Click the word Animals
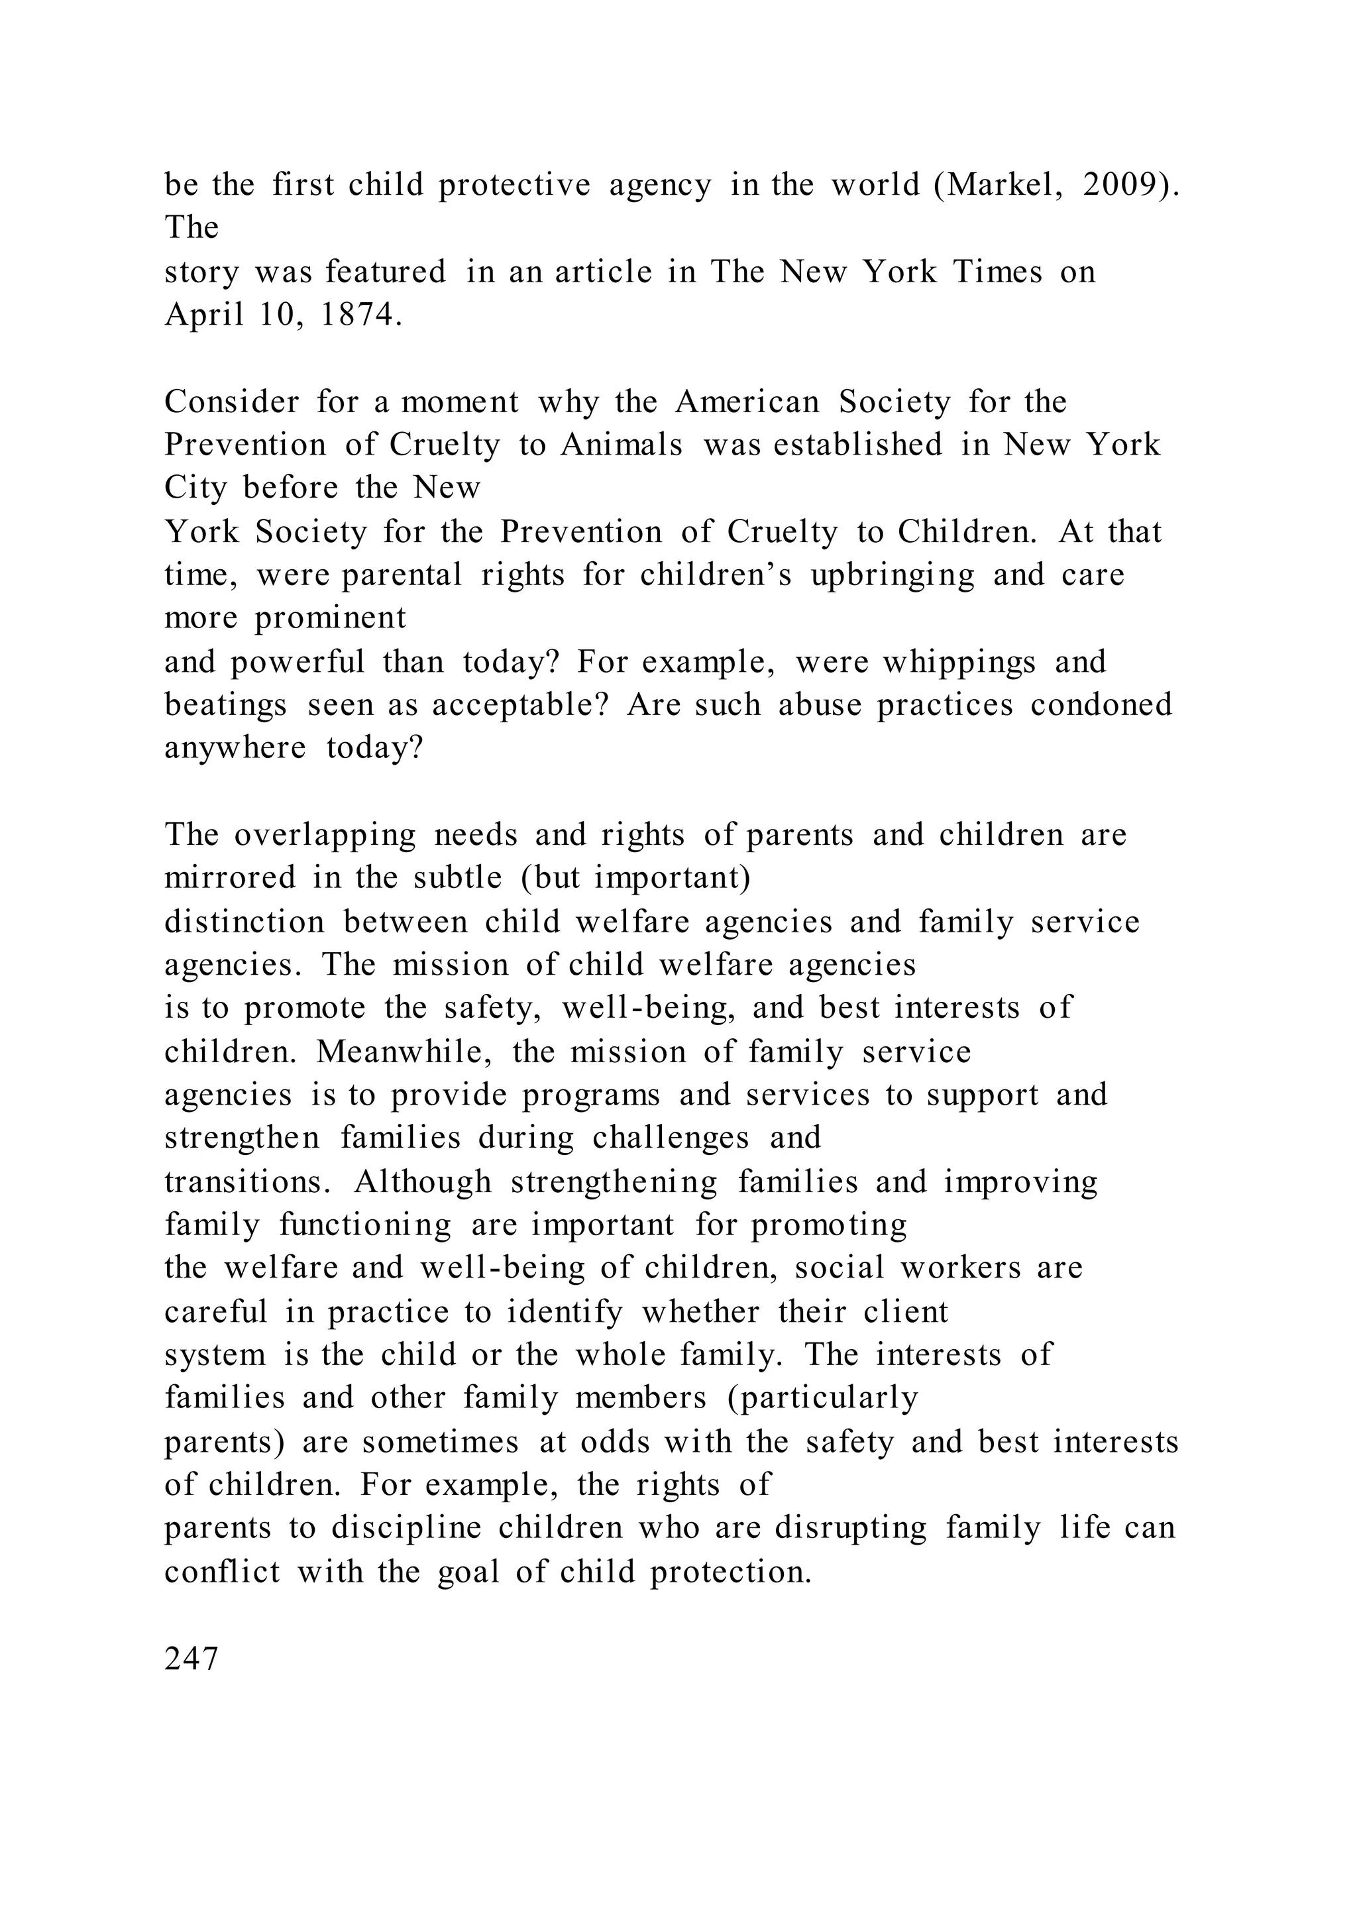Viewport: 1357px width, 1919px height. tap(622, 445)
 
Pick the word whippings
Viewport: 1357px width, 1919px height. tap(959, 663)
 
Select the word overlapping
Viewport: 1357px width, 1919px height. tap(325, 835)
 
